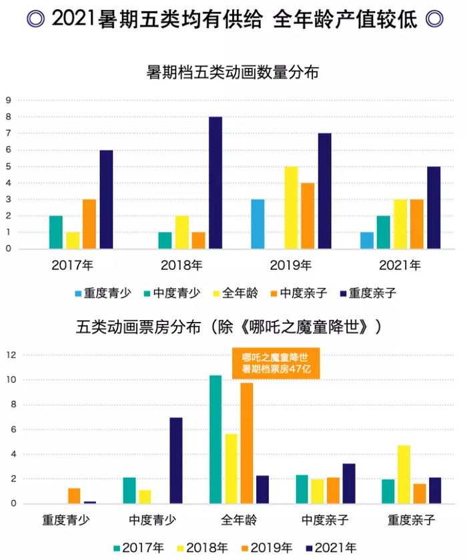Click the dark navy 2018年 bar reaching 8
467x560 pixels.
215,183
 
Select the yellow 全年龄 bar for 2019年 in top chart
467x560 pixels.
291,208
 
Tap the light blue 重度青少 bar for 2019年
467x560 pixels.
258,224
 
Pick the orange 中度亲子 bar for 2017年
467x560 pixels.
89,224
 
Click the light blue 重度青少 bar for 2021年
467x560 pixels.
366,241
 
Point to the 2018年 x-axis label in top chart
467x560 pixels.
181,265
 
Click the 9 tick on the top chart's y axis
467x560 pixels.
9,101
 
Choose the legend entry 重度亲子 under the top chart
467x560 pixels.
368,293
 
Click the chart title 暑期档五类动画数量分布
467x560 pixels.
233,71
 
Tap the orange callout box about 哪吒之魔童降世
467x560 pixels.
276,363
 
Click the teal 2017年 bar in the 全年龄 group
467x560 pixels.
215,439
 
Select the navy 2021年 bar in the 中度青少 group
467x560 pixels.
176,461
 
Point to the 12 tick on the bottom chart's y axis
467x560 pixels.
11,355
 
